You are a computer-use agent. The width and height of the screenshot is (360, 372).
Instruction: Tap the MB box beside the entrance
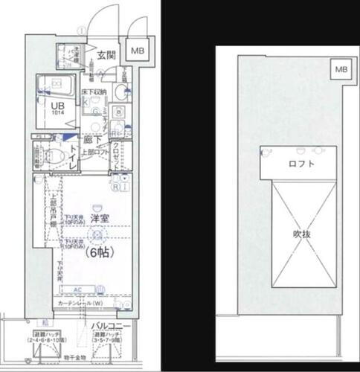138,51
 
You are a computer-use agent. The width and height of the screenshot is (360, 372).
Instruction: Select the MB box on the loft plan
339,69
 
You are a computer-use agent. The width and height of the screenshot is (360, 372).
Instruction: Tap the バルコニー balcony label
111,326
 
